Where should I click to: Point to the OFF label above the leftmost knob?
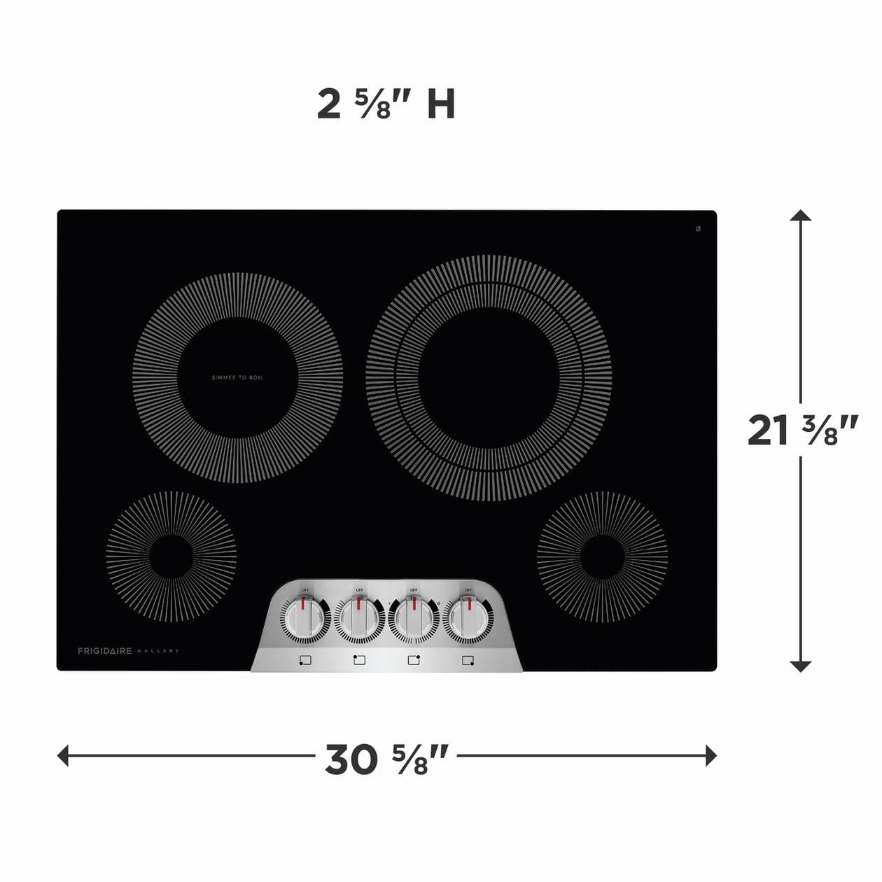point(305,590)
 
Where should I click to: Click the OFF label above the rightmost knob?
point(468,590)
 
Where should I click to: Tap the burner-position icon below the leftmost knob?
point(304,659)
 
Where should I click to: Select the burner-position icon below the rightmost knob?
point(468,659)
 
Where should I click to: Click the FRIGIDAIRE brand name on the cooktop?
point(104,651)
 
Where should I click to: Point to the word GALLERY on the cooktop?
point(158,651)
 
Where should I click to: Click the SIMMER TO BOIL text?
point(238,378)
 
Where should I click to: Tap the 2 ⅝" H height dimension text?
point(386,105)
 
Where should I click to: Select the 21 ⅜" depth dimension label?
point(801,430)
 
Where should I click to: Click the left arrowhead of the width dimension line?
point(63,755)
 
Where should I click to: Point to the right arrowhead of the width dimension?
point(711,755)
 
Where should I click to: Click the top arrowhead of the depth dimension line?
point(800,216)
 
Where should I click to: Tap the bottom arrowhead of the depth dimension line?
point(800,666)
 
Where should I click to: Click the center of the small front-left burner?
point(171,556)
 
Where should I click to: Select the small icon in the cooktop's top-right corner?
point(699,228)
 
